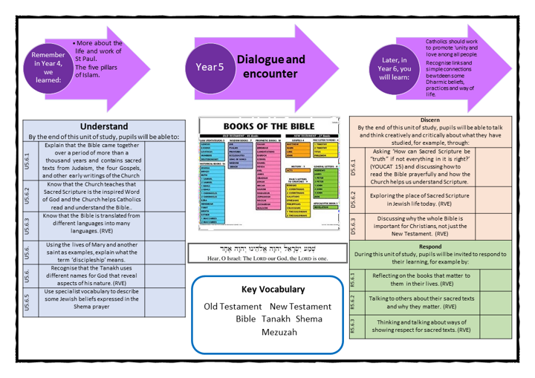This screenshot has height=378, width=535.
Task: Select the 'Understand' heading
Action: tap(103, 126)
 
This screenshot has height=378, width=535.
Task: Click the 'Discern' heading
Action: tap(429, 120)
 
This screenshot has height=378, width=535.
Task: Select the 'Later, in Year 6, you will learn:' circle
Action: tap(394, 68)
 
